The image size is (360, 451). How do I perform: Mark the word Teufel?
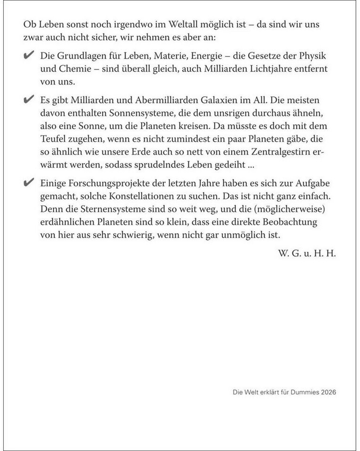point(54,140)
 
